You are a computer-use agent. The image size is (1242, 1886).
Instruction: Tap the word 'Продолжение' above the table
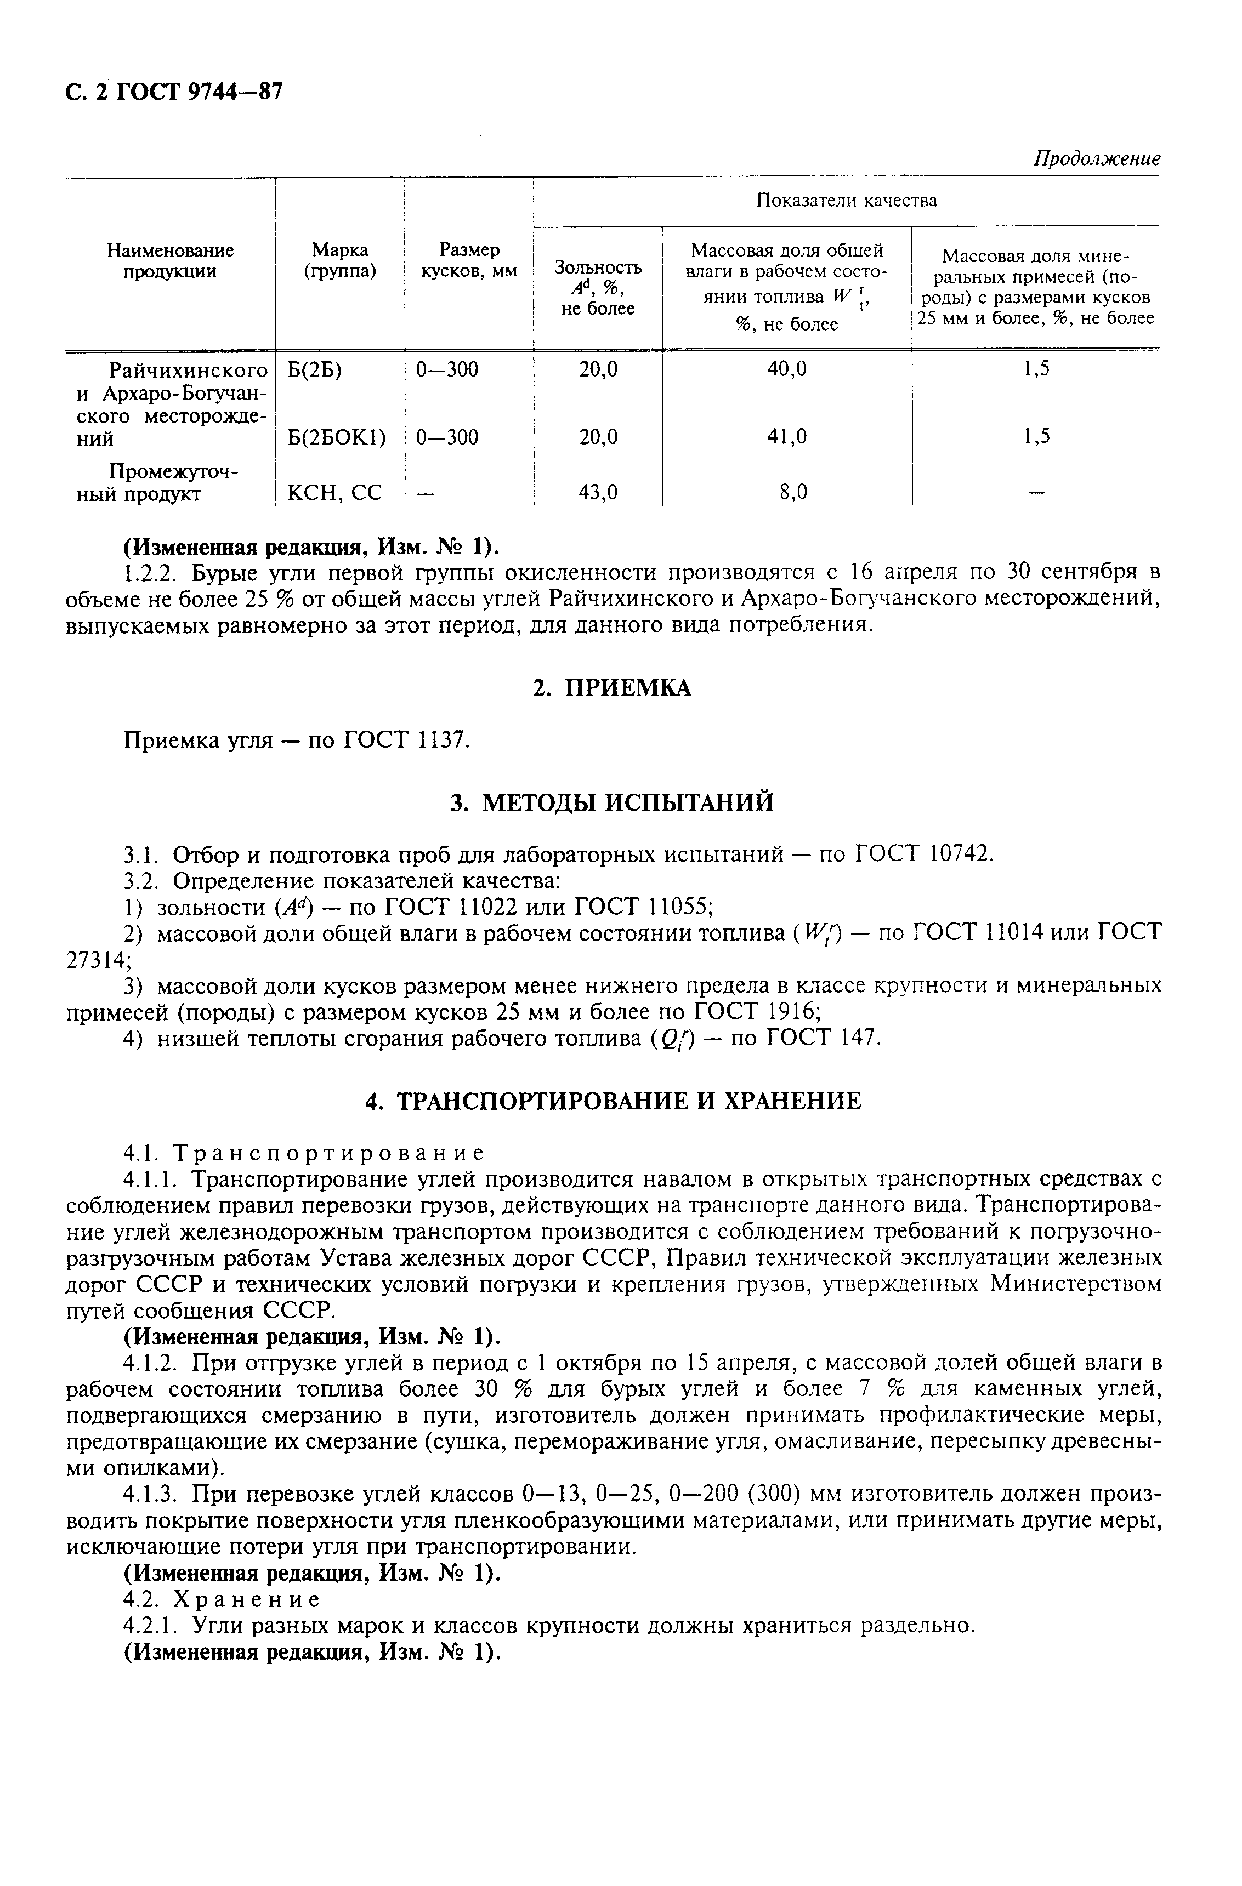(1097, 158)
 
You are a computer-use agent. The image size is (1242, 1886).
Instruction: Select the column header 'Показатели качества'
(846, 201)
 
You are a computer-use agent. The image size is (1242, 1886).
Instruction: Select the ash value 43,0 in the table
(598, 493)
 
